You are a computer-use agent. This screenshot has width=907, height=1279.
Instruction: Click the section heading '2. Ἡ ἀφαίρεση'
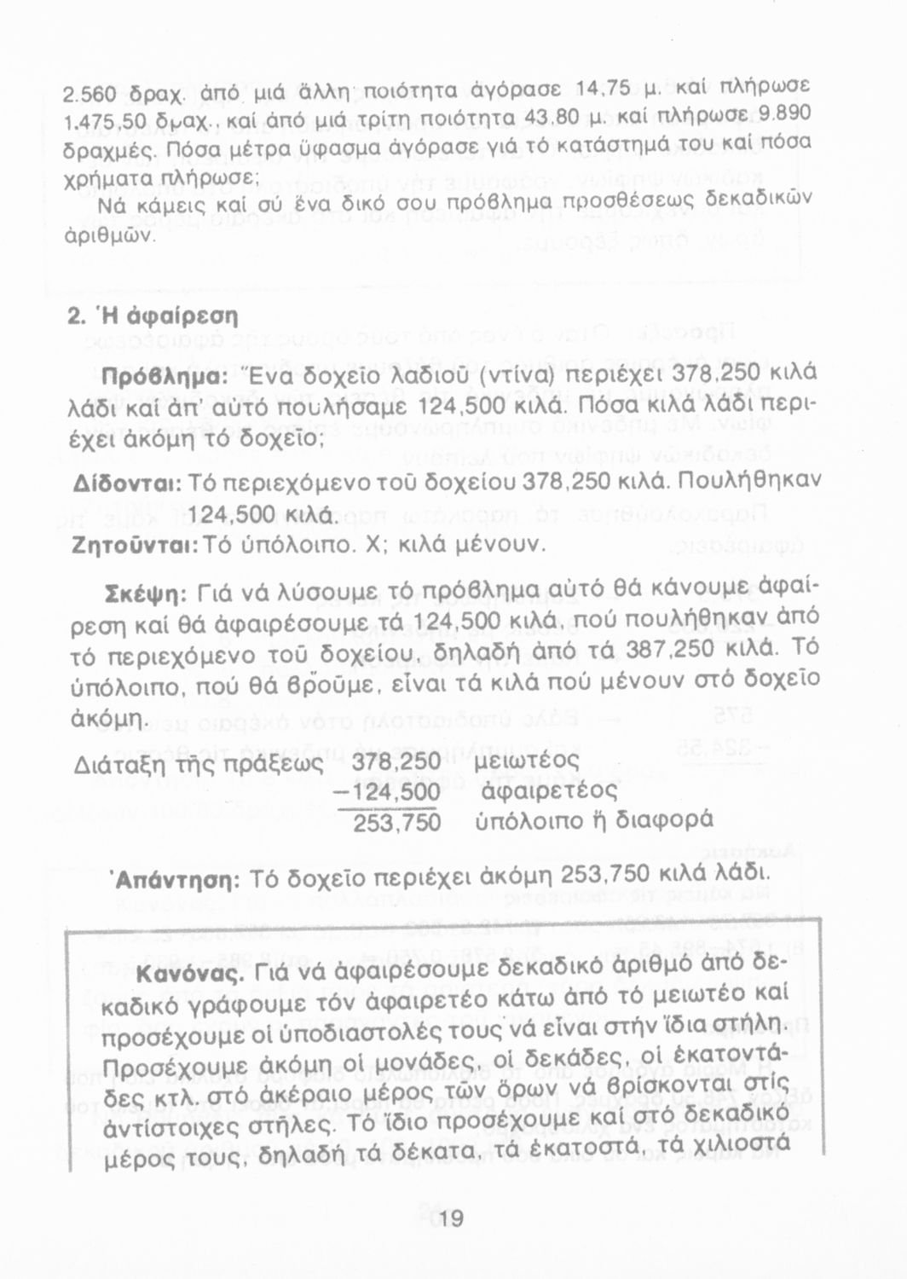(153, 315)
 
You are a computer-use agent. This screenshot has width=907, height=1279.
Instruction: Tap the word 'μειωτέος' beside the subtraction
(525, 761)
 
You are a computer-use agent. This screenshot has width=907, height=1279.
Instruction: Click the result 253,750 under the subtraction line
(397, 822)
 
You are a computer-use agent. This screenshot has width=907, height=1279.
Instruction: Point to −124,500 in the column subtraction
(388, 792)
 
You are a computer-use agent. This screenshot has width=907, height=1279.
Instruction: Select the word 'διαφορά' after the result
(664, 821)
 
